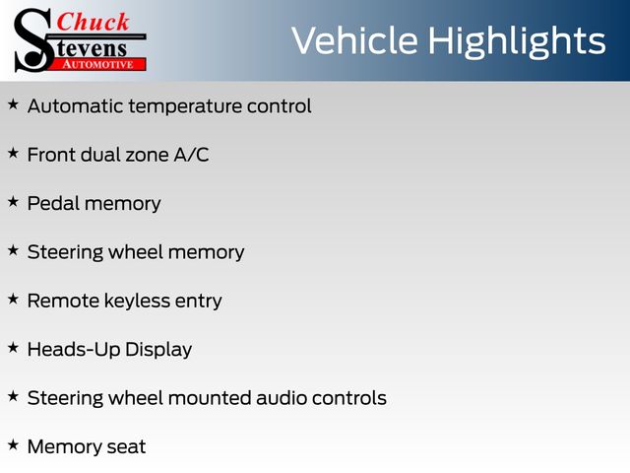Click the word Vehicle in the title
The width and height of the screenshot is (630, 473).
pos(354,40)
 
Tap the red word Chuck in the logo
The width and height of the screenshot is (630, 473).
pos(93,22)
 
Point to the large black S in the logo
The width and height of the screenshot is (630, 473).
pos(32,40)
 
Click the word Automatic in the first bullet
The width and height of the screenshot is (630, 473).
pos(76,106)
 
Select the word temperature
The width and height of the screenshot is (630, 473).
pos(185,107)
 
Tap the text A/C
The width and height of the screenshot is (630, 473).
pos(191,155)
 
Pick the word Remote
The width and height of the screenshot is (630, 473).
pos(63,301)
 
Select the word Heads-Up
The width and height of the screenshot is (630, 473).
pos(74,350)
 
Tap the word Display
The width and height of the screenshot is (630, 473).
pos(158,350)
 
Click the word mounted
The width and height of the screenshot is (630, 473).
pos(210,398)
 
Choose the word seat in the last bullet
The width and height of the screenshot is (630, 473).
pos(127,447)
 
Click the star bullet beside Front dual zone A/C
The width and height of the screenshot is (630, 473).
pos(13,153)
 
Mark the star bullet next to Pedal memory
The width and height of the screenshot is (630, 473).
pos(13,201)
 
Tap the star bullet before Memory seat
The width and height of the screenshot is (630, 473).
pos(13,444)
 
